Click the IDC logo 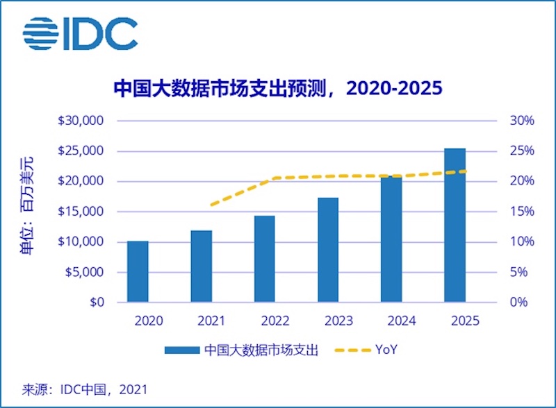(79, 34)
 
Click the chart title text (278, 89)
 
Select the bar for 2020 (138, 271)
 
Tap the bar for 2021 (201, 266)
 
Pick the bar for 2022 (264, 259)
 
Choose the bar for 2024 (391, 239)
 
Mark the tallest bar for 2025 (455, 225)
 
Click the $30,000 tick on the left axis (82, 121)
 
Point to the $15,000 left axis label (82, 212)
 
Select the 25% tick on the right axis (523, 151)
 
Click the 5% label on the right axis (525, 272)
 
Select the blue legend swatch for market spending (182, 350)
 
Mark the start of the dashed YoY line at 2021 (211, 205)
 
